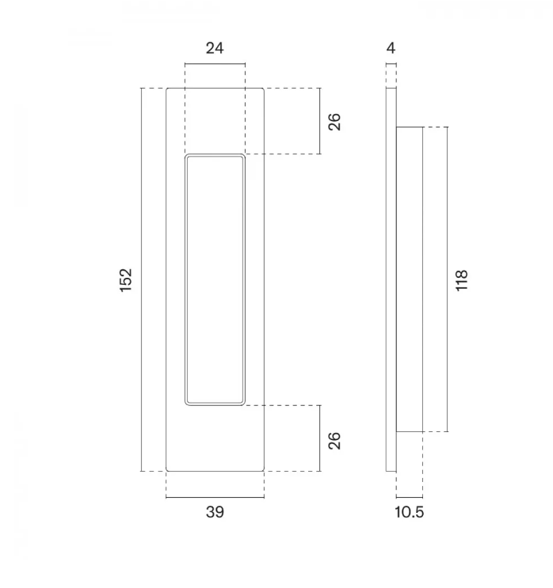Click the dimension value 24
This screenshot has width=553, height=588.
tap(215, 48)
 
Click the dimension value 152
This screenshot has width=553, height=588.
tap(126, 280)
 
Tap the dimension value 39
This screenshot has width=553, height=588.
tap(215, 512)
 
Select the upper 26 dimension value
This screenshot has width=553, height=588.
tap(334, 122)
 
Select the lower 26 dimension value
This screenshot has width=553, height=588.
tap(334, 441)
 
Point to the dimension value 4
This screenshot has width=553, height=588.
tap(391, 48)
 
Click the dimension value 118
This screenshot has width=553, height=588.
tap(461, 280)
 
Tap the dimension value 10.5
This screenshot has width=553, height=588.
tap(410, 512)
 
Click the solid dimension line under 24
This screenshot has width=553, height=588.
tap(215, 64)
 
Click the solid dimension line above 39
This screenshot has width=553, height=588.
tap(215, 497)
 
